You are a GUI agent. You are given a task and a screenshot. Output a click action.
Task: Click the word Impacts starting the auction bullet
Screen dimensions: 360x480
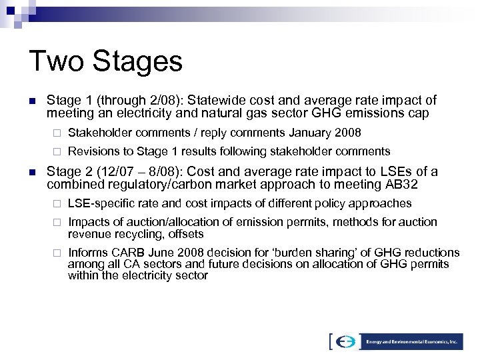(x=89, y=222)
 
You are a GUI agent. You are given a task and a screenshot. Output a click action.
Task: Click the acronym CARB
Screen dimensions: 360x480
(x=129, y=253)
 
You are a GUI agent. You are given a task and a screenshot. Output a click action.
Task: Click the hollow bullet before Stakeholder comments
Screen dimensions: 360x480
(x=57, y=133)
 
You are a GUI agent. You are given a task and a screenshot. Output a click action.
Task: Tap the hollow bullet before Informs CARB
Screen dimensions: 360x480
(x=57, y=253)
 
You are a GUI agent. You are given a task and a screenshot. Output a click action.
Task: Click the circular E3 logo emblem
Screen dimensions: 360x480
(x=346, y=341)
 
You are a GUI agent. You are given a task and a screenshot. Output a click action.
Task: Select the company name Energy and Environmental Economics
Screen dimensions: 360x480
(x=412, y=341)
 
